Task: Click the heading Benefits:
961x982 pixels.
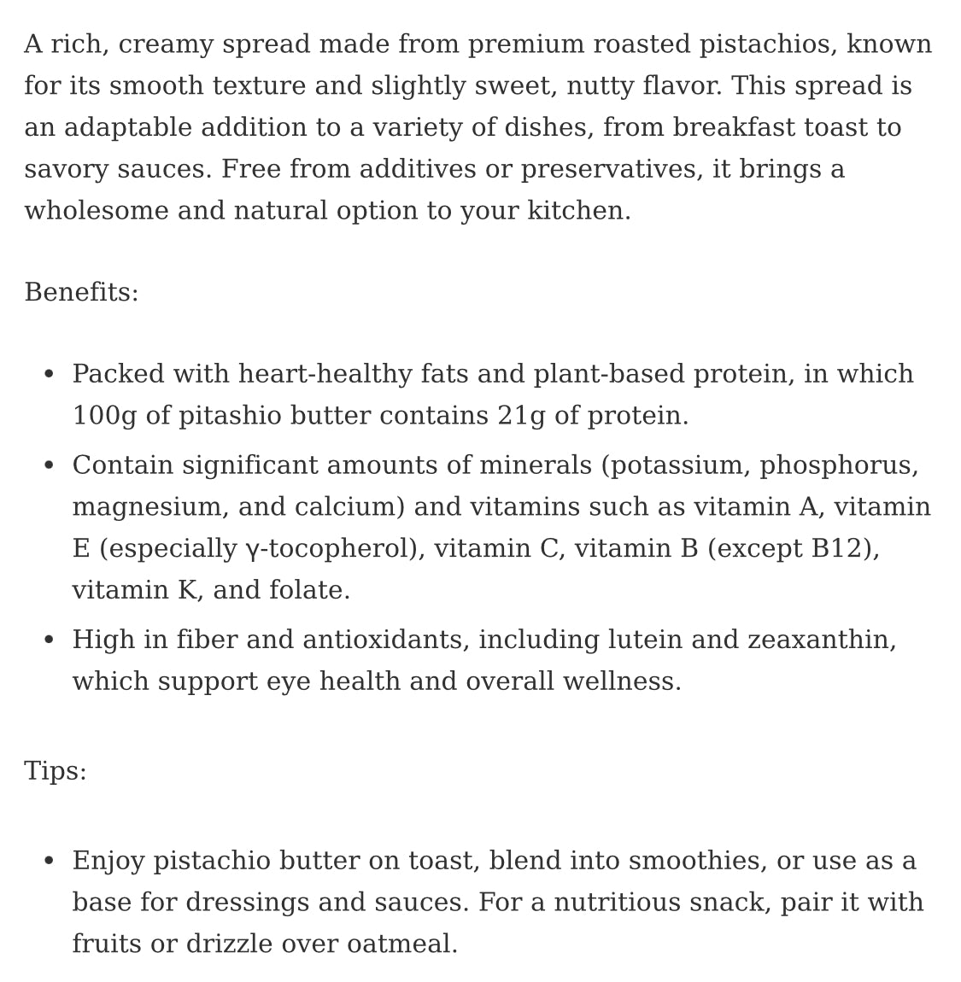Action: (x=81, y=293)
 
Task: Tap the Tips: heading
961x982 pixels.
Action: (x=56, y=771)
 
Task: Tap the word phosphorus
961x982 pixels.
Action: (x=838, y=465)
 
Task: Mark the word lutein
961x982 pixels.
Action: (x=645, y=640)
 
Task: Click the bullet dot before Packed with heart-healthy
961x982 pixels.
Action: (x=49, y=375)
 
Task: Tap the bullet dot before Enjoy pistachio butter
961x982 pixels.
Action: (x=49, y=861)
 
